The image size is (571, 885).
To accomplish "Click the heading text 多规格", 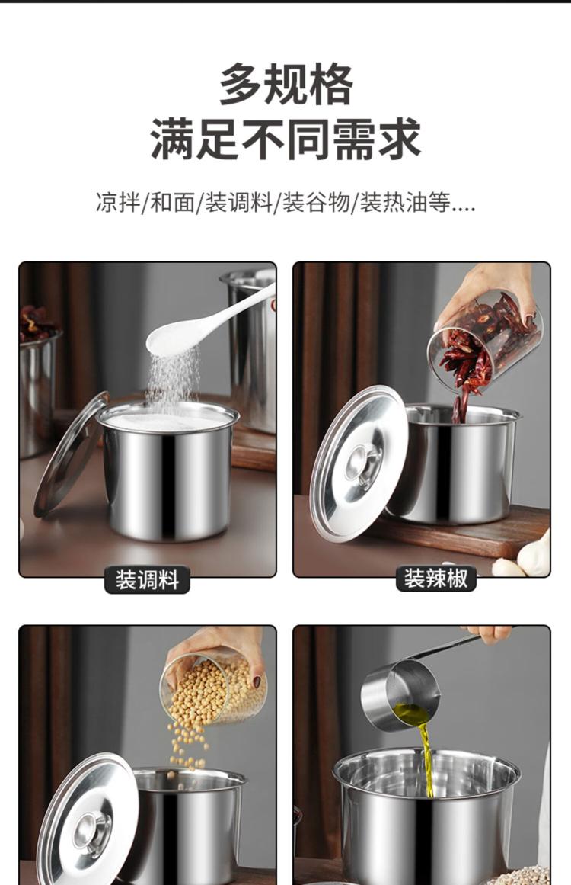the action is [285, 85].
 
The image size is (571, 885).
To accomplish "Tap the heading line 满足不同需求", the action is [285, 139].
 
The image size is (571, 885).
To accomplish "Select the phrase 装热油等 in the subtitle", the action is [405, 201].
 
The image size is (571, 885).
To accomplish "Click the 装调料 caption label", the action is [147, 580].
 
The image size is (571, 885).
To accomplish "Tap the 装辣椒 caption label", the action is [435, 579].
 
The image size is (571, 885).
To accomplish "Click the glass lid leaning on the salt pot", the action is [71, 454].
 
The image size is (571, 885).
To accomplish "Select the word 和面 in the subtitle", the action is [172, 201].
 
